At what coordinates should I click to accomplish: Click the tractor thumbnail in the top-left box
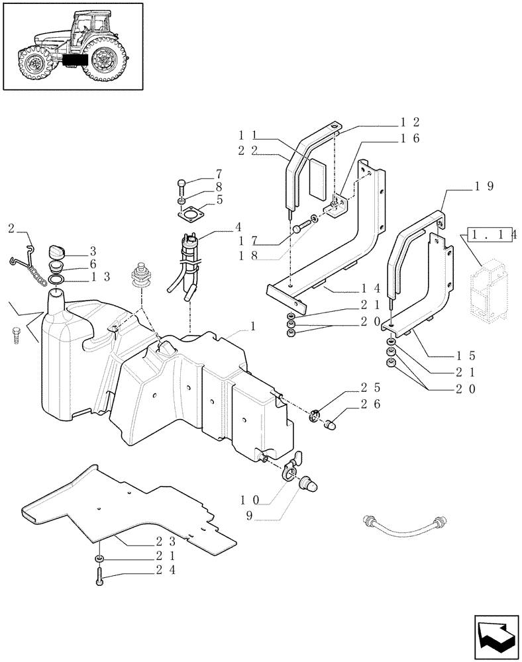pos(73,46)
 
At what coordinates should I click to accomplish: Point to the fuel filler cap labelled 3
pos(58,252)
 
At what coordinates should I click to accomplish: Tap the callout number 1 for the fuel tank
pos(252,327)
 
